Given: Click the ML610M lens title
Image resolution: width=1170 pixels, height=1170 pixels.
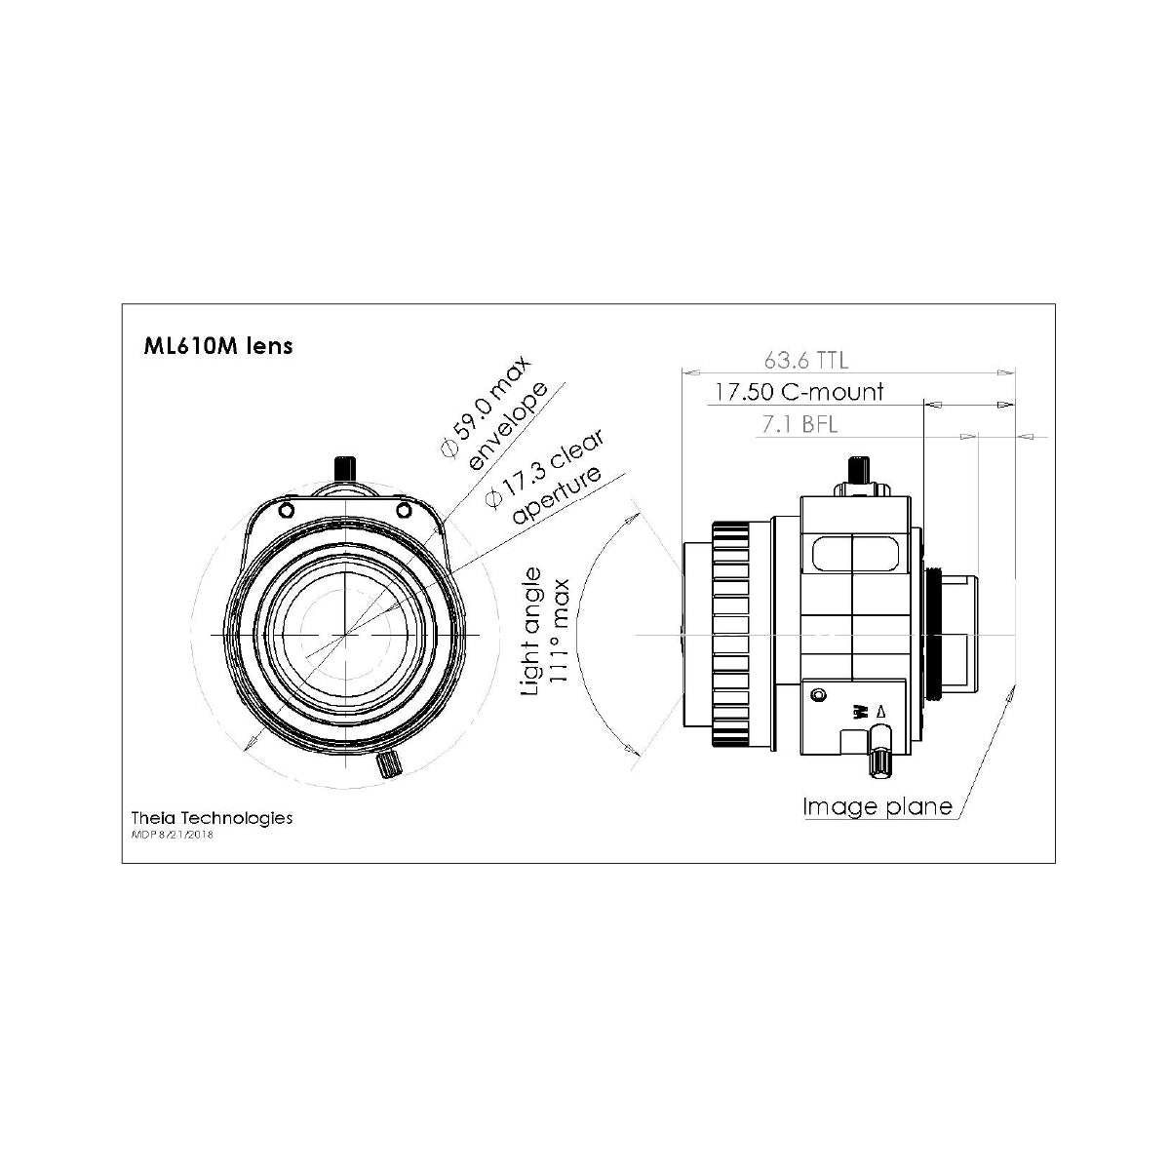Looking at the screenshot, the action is click(218, 345).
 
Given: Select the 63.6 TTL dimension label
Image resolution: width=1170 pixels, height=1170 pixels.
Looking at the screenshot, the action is click(805, 360).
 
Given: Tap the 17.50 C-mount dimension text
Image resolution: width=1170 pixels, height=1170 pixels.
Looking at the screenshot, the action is click(798, 392).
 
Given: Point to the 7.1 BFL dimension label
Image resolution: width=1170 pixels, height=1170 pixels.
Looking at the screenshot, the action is click(799, 424).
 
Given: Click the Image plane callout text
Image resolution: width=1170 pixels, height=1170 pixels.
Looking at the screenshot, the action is click(877, 807).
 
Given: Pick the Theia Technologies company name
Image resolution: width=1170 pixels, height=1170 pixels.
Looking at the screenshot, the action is click(212, 817).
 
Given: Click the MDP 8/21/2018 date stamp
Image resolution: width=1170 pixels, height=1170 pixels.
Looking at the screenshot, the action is click(173, 835).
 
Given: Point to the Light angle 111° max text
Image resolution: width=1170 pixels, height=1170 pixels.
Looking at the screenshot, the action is click(546, 632).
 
